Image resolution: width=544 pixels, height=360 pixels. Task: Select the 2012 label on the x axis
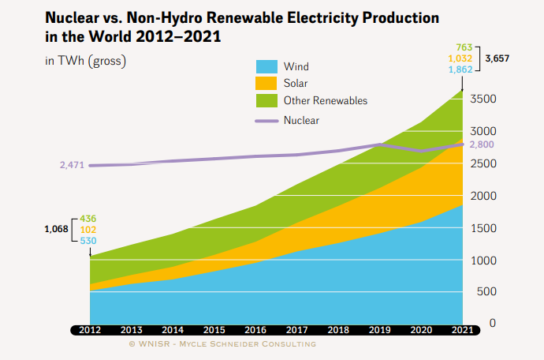90,330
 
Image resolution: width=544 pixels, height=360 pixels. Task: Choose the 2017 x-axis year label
296,330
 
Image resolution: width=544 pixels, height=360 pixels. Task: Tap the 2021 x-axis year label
462,330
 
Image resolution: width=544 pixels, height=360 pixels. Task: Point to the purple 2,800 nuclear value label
482,144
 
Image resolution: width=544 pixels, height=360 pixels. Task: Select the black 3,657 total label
497,58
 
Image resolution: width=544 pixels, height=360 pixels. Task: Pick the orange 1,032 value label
460,58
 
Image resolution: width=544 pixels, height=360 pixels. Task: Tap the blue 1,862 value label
460,69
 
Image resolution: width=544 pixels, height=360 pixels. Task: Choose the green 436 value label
88,218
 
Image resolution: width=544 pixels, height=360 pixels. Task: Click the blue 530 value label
88,240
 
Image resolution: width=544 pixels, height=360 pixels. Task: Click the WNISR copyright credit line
222,344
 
